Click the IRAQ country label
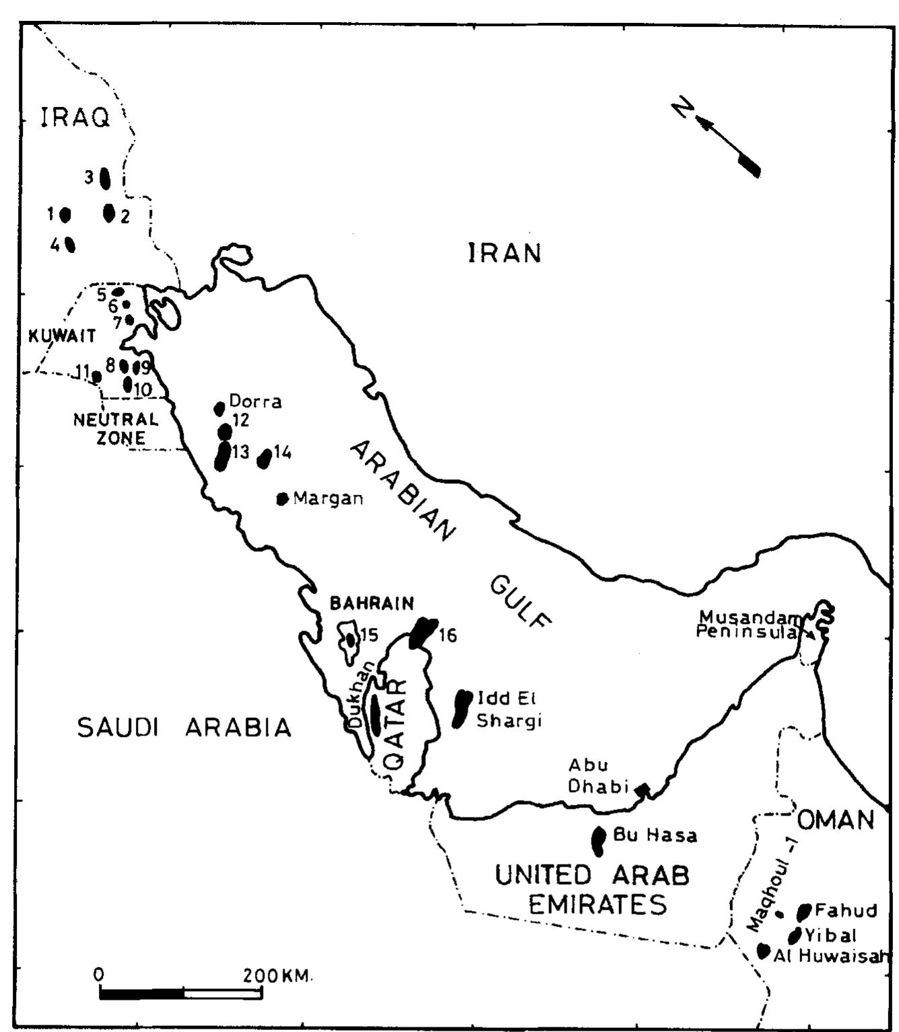(75, 118)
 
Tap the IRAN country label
(505, 253)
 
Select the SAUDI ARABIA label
(184, 727)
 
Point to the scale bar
(180, 993)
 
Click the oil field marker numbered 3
(105, 178)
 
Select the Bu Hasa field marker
(598, 840)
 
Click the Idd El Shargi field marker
(462, 708)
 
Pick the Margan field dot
(283, 498)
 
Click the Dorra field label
(255, 402)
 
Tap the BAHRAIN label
(371, 603)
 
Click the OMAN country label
(836, 820)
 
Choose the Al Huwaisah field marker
(763, 951)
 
